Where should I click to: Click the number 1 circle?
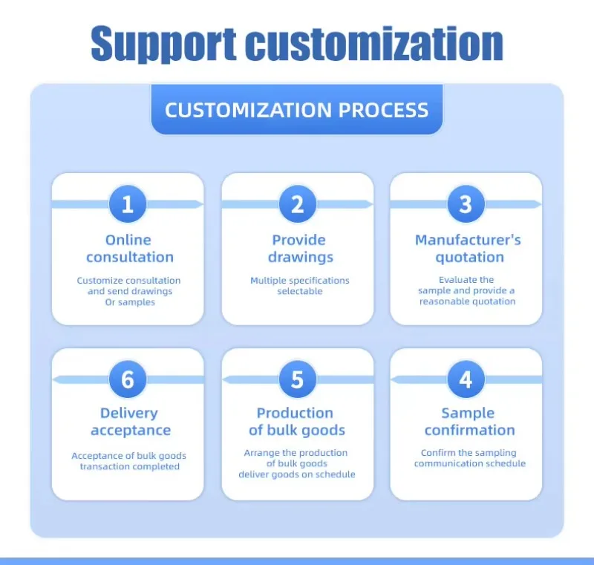click(x=128, y=204)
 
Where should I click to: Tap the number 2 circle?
click(x=297, y=204)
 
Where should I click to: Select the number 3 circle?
click(x=466, y=204)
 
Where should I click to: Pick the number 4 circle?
click(x=466, y=379)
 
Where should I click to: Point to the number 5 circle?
click(x=297, y=379)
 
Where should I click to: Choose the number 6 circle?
click(x=128, y=379)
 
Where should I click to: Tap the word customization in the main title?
click(x=374, y=44)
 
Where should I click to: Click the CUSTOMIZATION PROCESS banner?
click(x=296, y=110)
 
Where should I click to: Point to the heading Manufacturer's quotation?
click(x=468, y=249)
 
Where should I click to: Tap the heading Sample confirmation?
click(x=469, y=422)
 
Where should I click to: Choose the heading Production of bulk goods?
click(x=296, y=422)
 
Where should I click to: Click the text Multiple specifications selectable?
click(x=299, y=286)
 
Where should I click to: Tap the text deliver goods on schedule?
click(x=296, y=474)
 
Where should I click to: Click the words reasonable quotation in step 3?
click(x=468, y=301)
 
